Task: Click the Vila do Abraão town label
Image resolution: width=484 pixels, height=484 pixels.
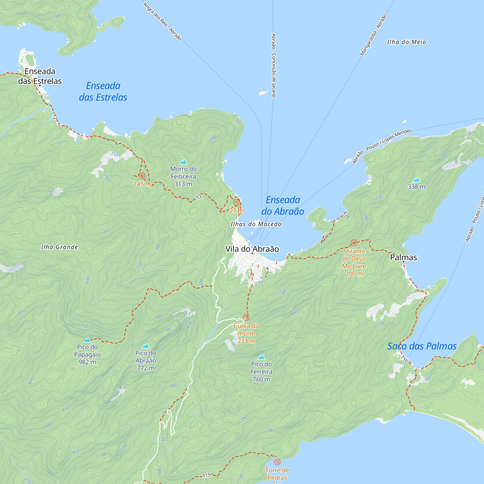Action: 252,249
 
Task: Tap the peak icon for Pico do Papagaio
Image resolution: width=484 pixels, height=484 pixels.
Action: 87,340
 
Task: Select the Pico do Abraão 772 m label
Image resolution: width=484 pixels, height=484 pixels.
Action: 145,361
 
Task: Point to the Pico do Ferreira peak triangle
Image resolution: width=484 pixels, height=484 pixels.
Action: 261,357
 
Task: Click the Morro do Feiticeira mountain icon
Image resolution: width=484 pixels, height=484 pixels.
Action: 183,162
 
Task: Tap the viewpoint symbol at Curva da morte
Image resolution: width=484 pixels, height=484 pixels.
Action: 246,318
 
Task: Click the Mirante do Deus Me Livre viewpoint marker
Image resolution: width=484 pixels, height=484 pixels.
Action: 354,242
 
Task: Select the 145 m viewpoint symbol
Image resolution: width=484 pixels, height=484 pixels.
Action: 142,176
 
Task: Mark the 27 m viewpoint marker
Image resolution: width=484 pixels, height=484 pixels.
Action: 236,202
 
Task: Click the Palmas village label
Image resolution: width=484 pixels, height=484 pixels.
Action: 403,257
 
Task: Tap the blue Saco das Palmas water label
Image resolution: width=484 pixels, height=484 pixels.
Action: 422,346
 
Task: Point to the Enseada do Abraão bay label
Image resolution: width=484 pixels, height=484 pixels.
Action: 283,206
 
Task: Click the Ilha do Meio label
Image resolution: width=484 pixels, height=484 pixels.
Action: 406,42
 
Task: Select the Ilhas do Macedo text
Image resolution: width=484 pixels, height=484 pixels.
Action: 256,224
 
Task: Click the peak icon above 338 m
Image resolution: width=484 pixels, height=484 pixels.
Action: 416,180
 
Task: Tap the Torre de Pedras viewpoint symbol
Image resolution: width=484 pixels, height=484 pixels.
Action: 277,461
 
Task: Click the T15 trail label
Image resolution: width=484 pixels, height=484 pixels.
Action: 206,475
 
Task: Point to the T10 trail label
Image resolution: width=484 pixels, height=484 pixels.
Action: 404,359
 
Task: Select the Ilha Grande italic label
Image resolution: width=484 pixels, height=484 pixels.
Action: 59,247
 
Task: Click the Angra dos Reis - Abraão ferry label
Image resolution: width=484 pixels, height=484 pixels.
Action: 162,22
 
